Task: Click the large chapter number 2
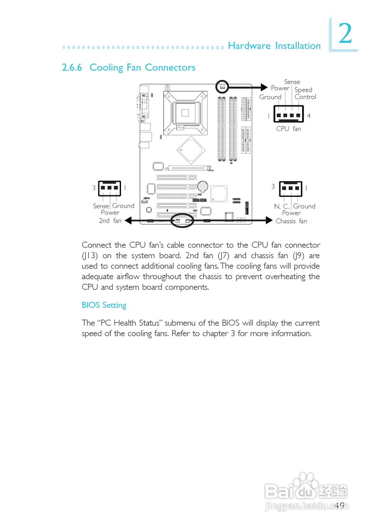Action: pyautogui.click(x=345, y=34)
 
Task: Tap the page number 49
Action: pyautogui.click(x=339, y=506)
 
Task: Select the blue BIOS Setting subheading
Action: pyautogui.click(x=104, y=305)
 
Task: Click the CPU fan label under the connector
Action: pyautogui.click(x=288, y=128)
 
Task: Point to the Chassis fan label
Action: pyautogui.click(x=291, y=221)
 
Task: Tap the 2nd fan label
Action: pyautogui.click(x=110, y=221)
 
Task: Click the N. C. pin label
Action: pyautogui.click(x=281, y=206)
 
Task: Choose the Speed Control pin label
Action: pyautogui.click(x=305, y=93)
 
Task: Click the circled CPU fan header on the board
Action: pyautogui.click(x=222, y=87)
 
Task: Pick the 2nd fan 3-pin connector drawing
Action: pyautogui.click(x=109, y=188)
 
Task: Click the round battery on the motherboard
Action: pyautogui.click(x=202, y=187)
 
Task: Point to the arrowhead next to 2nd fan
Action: pyautogui.click(x=128, y=221)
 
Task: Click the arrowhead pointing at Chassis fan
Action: pyautogui.click(x=270, y=221)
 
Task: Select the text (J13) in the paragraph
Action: pyautogui.click(x=90, y=256)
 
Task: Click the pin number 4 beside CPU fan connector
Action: pyautogui.click(x=309, y=116)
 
